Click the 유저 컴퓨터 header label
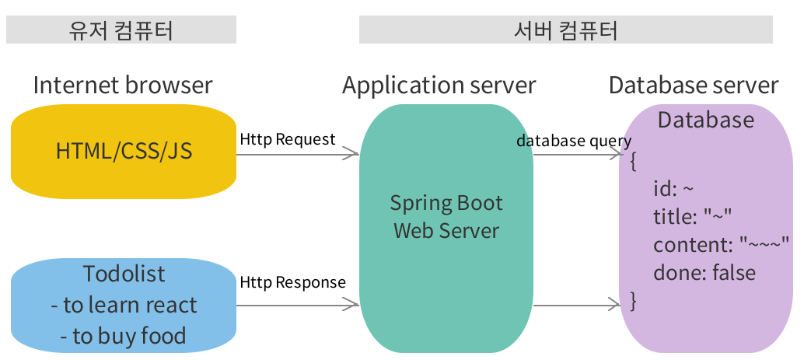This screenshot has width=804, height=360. [121, 30]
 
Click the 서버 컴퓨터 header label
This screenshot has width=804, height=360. [565, 30]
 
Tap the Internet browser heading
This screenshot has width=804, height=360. [123, 85]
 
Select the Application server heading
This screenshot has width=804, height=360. [439, 85]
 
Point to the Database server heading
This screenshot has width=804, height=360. [694, 85]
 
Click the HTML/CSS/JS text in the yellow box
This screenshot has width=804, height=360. [124, 151]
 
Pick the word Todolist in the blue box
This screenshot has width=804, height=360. [124, 274]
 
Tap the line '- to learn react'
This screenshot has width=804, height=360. [124, 305]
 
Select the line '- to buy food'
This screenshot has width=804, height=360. [124, 336]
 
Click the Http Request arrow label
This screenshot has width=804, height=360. [288, 139]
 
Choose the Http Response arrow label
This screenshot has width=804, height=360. [292, 282]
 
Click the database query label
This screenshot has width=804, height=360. [574, 141]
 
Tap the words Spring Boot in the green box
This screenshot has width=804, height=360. [446, 204]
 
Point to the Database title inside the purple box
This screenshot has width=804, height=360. [705, 120]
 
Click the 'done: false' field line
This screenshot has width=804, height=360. [704, 272]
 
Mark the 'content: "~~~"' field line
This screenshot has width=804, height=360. [721, 245]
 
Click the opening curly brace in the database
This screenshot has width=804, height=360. [634, 162]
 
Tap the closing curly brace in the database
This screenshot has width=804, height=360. [633, 299]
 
